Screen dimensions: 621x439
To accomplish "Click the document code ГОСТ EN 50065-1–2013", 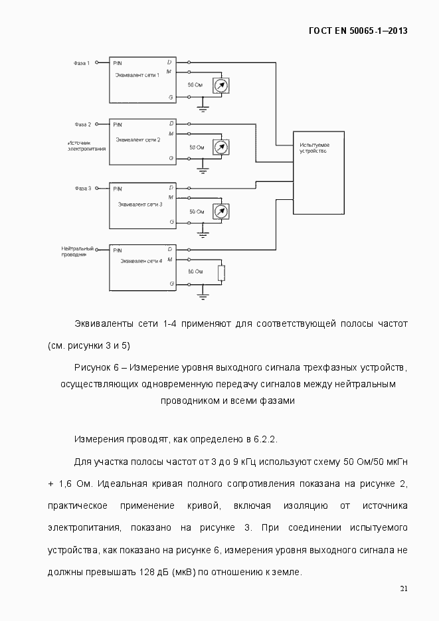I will coord(359,31).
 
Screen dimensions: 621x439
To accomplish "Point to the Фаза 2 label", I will coord(82,124).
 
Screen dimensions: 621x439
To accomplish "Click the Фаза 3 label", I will coord(82,188).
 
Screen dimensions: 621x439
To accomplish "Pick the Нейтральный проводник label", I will coord(74,251).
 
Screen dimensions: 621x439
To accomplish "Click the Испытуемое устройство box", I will coord(318,172).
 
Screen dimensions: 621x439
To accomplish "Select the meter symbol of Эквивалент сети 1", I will coord(221,86).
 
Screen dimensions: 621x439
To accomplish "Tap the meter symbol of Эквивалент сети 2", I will coord(221,147).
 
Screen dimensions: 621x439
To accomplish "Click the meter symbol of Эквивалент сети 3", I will coord(221,211).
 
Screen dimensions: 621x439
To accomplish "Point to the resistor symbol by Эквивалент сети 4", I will coord(222,273).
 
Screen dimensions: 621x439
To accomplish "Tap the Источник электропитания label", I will coord(86,145).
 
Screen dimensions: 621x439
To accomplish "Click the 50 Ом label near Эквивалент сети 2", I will coord(197,147).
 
